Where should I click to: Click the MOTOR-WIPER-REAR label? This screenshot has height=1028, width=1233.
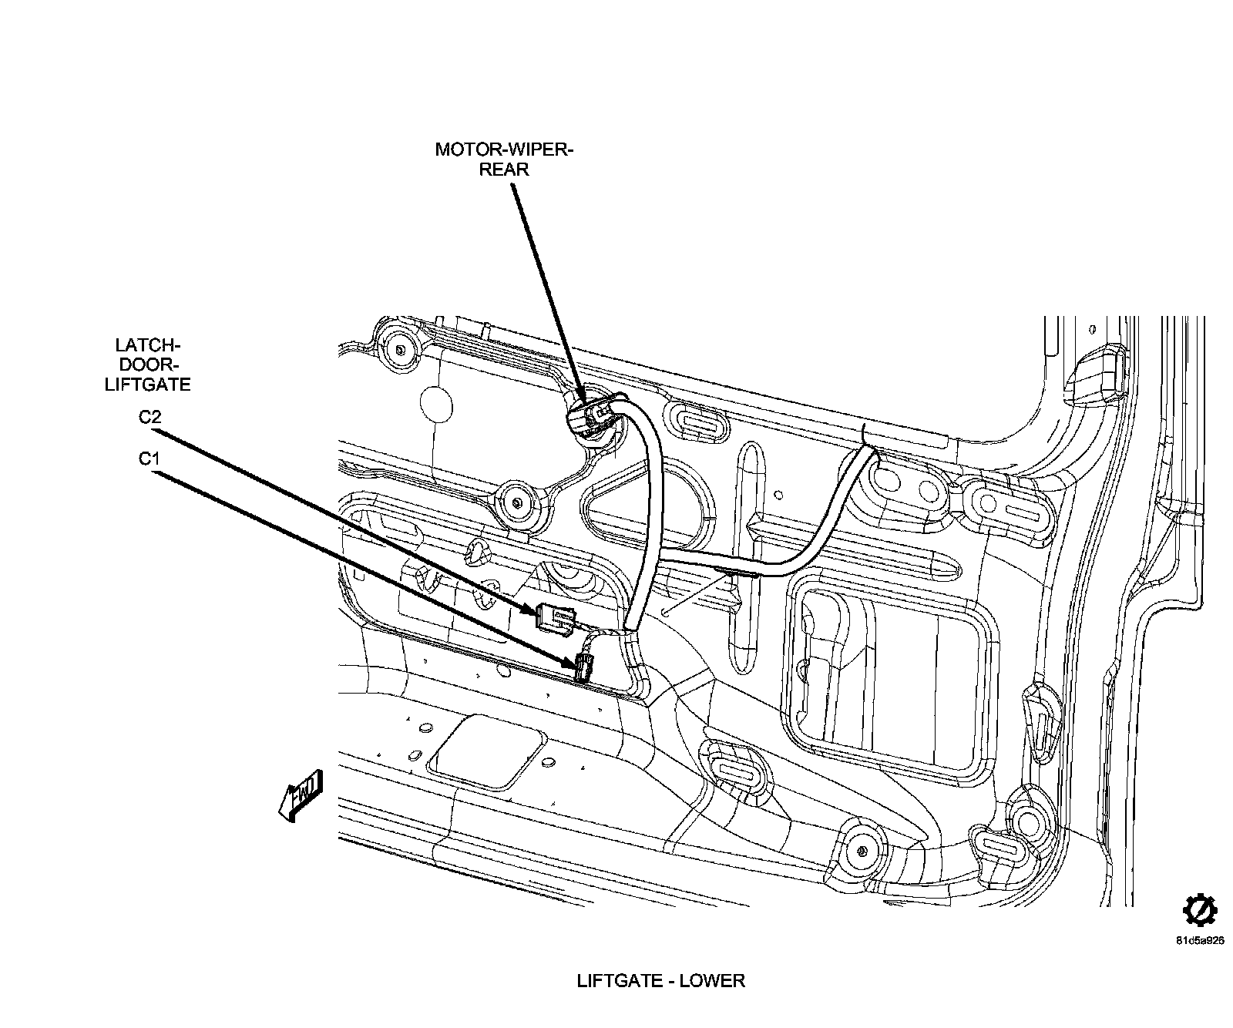coord(504,158)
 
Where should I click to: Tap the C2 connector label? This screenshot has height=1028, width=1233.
coord(150,417)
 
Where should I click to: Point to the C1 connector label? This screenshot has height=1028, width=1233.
coord(149,459)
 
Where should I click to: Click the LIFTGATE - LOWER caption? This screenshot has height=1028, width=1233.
coord(660,980)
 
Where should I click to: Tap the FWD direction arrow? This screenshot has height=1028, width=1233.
coord(300,795)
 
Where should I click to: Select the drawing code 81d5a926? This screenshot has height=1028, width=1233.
coord(1199,940)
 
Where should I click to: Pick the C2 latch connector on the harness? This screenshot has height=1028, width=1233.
coord(557,618)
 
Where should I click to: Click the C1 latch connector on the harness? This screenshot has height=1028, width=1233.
coord(583,667)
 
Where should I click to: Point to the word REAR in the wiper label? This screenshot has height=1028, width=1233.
coord(504,169)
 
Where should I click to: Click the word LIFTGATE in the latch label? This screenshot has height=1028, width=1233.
coord(147,383)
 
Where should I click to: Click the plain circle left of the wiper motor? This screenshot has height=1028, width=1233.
coord(435,403)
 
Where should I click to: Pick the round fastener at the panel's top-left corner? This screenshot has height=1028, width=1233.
coord(399,349)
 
